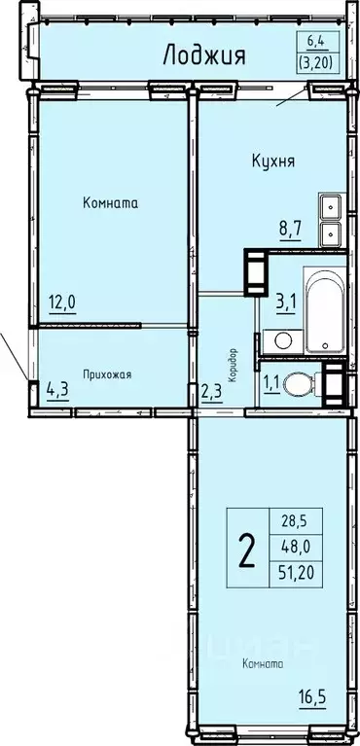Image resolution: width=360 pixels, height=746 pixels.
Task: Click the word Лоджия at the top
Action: coord(203,53)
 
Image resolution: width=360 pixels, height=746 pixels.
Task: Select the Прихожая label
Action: coord(107,374)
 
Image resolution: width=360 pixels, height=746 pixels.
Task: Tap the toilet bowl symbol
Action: coord(305,383)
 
